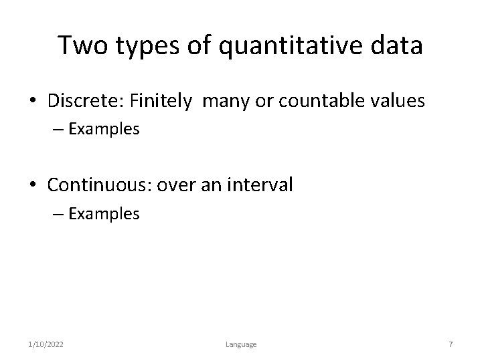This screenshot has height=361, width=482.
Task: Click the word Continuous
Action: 100,185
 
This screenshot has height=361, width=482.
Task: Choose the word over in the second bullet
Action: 177,185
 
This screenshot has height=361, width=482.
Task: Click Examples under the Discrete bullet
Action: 104,130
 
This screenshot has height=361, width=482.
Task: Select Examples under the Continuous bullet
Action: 104,214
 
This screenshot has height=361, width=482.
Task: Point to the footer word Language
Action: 240,344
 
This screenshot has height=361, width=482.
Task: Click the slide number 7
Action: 451,344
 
